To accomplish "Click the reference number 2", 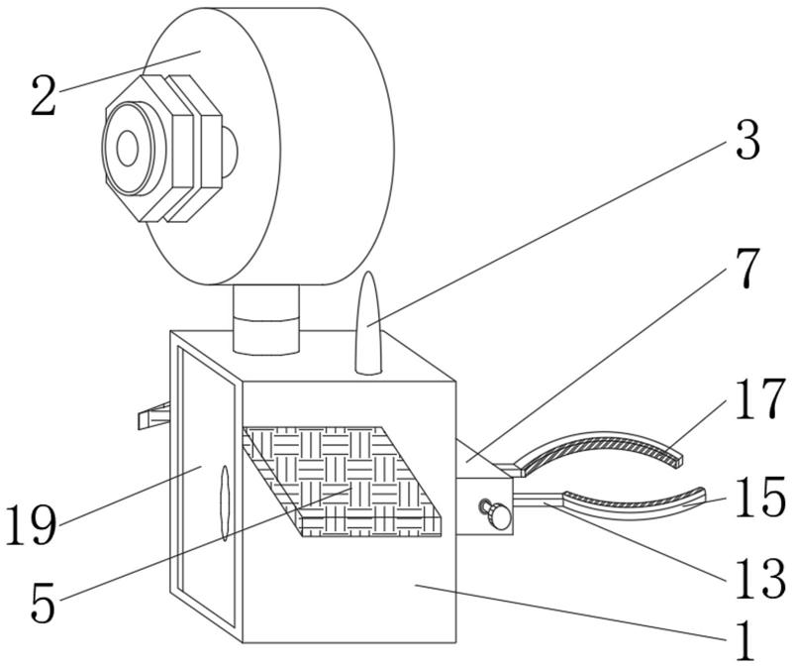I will (x=43, y=97).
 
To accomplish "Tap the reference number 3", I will (x=746, y=141).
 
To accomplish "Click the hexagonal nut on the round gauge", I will (x=163, y=147).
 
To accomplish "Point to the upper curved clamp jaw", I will (x=604, y=447).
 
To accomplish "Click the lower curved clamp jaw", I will (x=634, y=501).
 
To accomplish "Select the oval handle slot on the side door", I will (x=224, y=503).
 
